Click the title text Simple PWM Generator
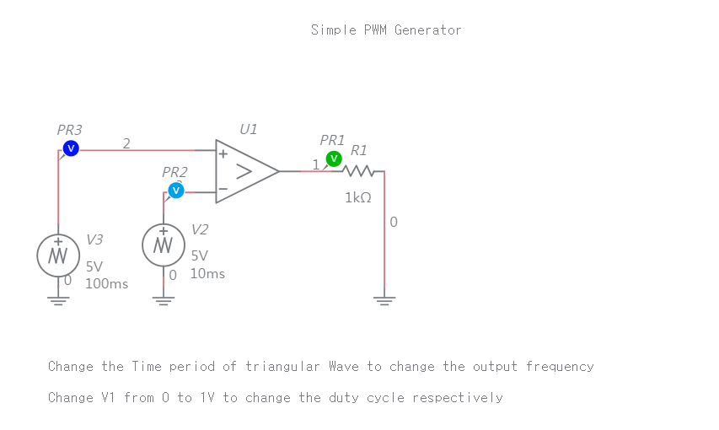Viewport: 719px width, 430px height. click(x=386, y=30)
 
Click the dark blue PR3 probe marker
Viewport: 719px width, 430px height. click(x=71, y=148)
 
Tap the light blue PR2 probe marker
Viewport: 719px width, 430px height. click(x=175, y=191)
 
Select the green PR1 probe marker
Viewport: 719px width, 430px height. click(x=334, y=159)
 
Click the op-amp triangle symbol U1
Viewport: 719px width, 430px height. click(x=245, y=172)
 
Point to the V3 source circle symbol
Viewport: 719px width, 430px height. click(x=58, y=255)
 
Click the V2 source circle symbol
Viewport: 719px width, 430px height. click(x=164, y=245)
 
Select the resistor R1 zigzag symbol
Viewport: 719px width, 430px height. click(x=359, y=171)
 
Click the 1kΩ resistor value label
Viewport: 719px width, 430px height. click(x=358, y=198)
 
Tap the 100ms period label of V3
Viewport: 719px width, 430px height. click(x=107, y=284)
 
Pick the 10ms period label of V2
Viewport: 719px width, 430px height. click(x=207, y=274)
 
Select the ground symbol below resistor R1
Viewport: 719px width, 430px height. click(x=384, y=300)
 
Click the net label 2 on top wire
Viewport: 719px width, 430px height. click(x=126, y=142)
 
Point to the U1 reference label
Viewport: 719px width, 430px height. click(x=249, y=129)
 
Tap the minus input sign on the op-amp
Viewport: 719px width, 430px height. click(x=223, y=188)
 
